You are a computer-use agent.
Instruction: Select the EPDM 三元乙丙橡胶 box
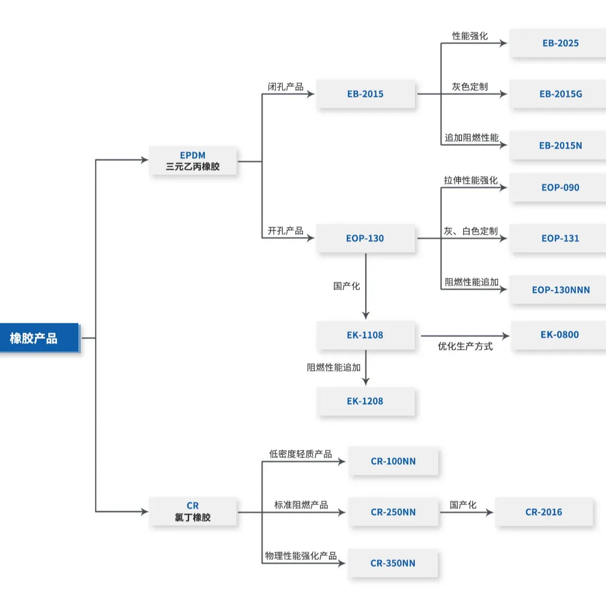(x=193, y=161)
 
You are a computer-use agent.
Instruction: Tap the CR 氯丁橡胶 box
(x=193, y=511)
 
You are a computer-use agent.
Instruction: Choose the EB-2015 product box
(x=365, y=94)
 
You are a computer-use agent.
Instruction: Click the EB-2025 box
(x=560, y=43)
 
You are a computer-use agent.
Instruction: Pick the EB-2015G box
(x=560, y=94)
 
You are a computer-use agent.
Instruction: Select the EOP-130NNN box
(x=560, y=290)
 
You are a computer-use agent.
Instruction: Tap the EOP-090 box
(x=560, y=188)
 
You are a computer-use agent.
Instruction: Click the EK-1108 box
(x=365, y=335)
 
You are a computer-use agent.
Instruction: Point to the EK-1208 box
(x=365, y=401)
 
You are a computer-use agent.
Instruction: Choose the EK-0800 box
(x=559, y=335)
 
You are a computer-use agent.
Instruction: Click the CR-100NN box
(x=393, y=461)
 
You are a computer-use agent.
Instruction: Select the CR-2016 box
(x=543, y=512)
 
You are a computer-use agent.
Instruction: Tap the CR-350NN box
(x=392, y=563)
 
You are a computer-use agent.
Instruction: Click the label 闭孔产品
(x=286, y=87)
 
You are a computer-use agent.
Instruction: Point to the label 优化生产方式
(x=465, y=347)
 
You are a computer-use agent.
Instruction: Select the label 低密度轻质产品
(x=300, y=454)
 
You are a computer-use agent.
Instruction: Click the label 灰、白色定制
(x=470, y=231)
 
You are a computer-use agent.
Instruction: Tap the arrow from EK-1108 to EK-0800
(x=465, y=336)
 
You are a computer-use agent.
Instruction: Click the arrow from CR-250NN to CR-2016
(x=466, y=512)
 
